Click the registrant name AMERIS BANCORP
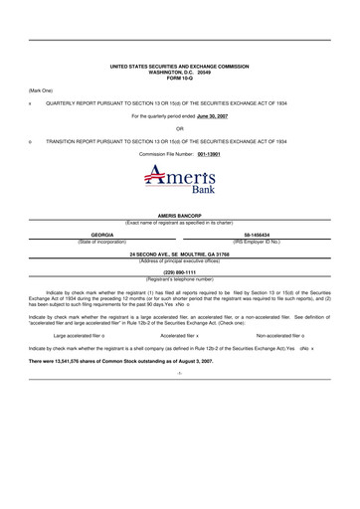(x=179, y=215)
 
